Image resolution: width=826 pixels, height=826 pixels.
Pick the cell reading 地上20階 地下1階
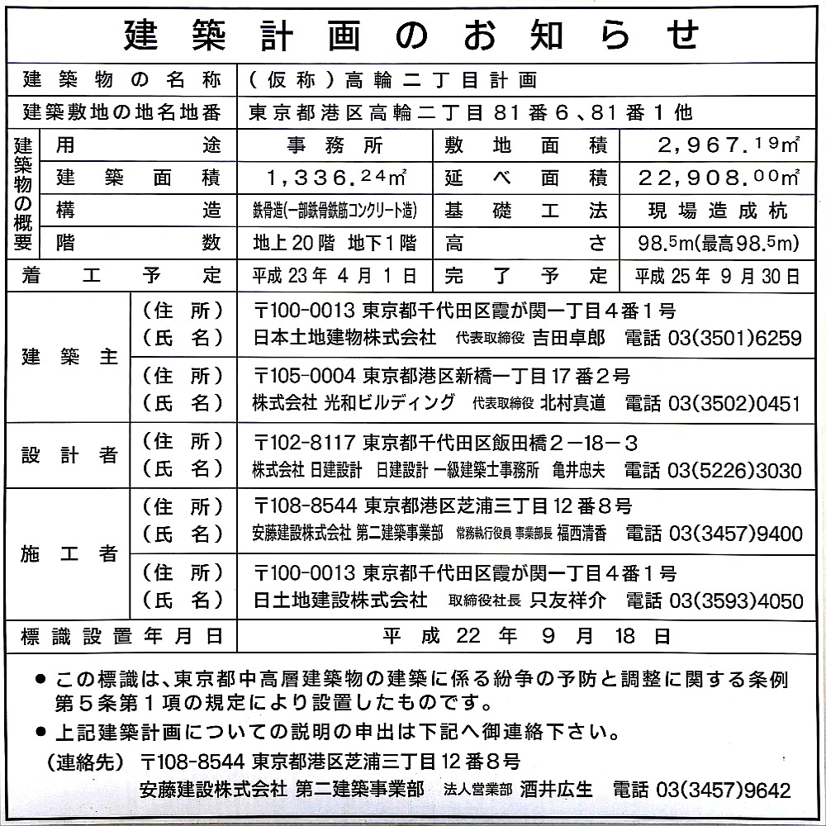[x=335, y=243]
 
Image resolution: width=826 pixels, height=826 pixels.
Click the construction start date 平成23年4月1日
[x=335, y=275]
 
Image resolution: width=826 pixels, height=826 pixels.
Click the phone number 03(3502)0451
[x=713, y=403]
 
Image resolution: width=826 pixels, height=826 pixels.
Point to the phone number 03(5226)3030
[x=713, y=470]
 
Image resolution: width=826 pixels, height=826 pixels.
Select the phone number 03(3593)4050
[x=714, y=601]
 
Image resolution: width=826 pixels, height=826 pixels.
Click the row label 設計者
[x=69, y=456]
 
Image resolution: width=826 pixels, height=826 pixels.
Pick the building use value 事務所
[x=335, y=146]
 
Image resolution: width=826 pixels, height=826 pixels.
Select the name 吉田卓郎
[x=568, y=338]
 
